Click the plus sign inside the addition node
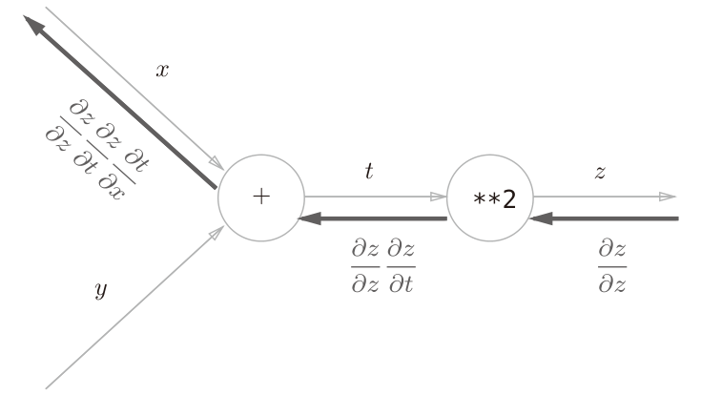click(260, 197)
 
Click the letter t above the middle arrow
click(370, 172)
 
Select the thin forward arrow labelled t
click(372, 197)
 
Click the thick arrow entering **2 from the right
click(610, 218)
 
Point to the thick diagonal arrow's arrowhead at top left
click(35, 27)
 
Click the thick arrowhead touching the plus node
click(308, 218)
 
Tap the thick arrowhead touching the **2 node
click(539, 218)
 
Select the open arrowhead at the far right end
click(669, 197)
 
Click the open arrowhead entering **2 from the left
click(439, 197)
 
